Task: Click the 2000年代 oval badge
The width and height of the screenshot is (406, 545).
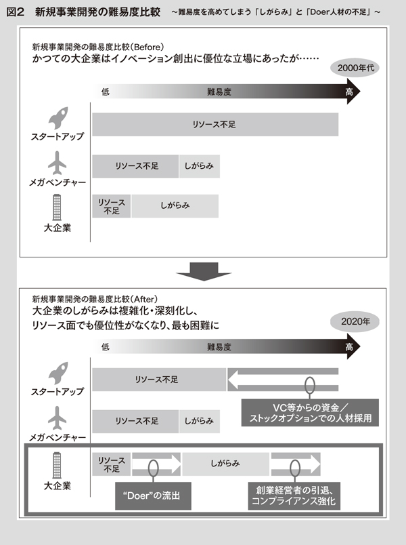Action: [355, 67]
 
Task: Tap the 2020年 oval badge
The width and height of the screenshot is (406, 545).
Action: [355, 321]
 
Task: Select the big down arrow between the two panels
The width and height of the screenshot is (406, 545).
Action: [204, 271]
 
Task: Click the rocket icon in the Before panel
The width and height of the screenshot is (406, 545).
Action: [58, 118]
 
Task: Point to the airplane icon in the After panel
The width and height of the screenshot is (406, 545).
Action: [57, 418]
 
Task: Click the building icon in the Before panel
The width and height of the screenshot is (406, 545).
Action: [57, 207]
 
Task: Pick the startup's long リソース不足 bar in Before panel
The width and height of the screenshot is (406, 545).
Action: [215, 125]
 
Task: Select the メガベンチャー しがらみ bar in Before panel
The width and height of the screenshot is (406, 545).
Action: [199, 166]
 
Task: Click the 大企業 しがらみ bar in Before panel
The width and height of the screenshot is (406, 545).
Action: [175, 206]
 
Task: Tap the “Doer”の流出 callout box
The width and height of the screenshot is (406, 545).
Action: [153, 496]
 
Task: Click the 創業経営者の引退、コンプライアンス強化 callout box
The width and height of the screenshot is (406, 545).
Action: [294, 496]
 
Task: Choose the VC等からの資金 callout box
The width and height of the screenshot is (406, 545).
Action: [310, 413]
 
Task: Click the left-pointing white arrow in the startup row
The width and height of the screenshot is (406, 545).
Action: [283, 380]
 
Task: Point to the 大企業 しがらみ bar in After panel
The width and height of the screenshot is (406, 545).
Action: [225, 464]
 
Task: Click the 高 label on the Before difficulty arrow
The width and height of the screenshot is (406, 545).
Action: [349, 92]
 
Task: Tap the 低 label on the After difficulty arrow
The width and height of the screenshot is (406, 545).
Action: [105, 347]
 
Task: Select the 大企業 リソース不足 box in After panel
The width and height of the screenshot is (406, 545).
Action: [112, 464]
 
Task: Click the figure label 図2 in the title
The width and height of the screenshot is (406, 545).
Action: [15, 12]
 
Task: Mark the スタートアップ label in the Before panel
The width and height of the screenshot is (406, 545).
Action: [58, 137]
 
